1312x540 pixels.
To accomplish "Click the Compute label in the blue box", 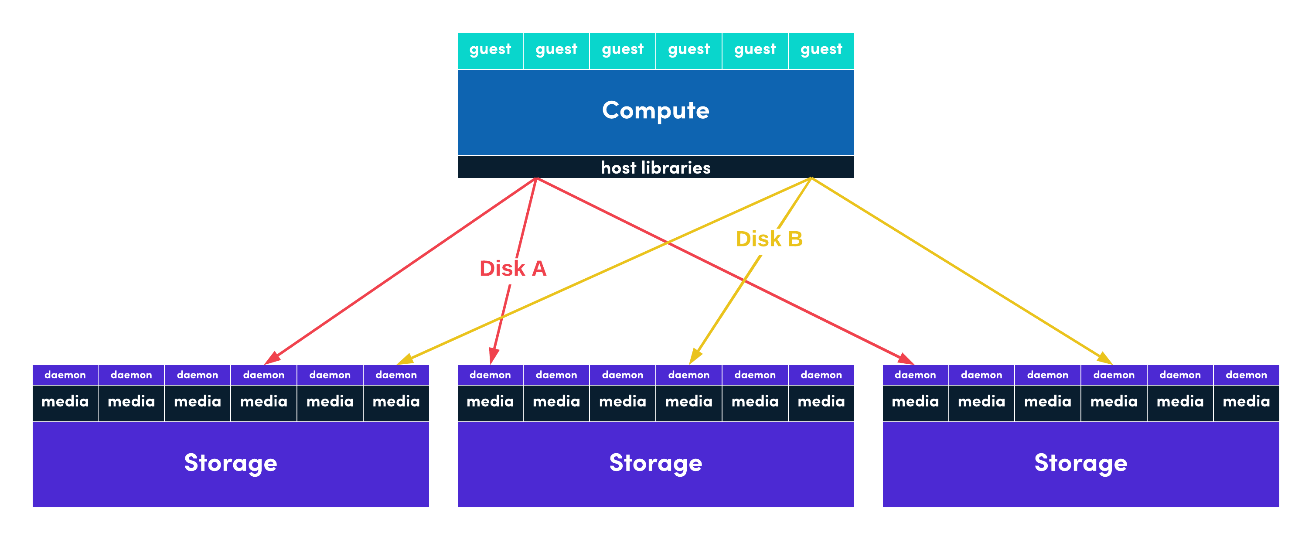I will tap(655, 110).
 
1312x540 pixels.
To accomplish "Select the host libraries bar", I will tap(655, 167).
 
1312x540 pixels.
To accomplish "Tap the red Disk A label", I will tap(512, 268).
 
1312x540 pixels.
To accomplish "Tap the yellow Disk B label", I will tap(769, 239).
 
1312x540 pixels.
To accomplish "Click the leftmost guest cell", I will tap(490, 49).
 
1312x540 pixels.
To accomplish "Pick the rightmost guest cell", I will tap(821, 49).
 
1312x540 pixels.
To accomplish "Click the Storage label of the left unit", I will tap(230, 463).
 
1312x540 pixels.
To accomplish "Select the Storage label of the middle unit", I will tap(655, 463).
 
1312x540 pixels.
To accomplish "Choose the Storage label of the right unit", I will tap(1080, 463).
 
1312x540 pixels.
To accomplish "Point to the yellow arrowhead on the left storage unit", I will tap(405, 360).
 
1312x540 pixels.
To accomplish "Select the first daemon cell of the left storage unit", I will tap(65, 375).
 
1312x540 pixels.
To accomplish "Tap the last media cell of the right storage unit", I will tap(1246, 401).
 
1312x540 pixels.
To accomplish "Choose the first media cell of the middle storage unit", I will tap(490, 401).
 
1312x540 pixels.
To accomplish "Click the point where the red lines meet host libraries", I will tap(536, 178).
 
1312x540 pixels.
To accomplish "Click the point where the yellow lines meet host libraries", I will tap(811, 178).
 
